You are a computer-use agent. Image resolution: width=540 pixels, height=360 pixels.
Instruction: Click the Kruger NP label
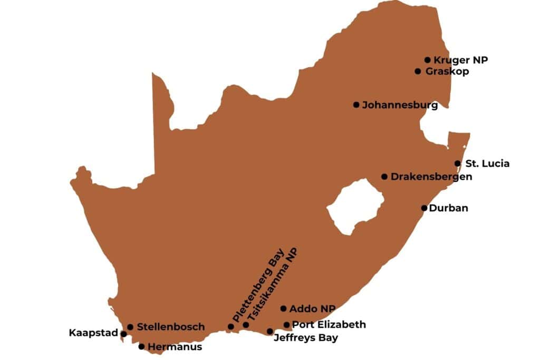[x=460, y=60]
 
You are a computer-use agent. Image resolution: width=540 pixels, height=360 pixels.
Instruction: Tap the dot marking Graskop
[x=418, y=71]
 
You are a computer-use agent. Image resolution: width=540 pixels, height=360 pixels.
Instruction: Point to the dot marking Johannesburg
[x=356, y=104]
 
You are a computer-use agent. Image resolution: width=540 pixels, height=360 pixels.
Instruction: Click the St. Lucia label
[x=487, y=164]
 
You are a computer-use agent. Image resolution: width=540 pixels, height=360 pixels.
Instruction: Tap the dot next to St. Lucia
[x=458, y=163]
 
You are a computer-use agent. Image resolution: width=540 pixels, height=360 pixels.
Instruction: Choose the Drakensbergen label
[x=431, y=177]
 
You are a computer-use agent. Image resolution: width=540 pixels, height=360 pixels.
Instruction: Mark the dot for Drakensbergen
[x=384, y=177]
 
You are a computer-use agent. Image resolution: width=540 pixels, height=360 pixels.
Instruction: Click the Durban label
[x=448, y=208]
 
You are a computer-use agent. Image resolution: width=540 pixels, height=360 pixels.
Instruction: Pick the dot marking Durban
[x=424, y=208]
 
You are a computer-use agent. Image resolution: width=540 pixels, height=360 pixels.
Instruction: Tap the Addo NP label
[x=312, y=309]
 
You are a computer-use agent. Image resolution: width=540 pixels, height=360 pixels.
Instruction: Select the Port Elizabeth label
[x=329, y=325]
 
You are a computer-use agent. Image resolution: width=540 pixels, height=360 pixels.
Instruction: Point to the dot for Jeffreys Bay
[x=270, y=331]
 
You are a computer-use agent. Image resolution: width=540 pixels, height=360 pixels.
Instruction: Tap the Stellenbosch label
[x=170, y=327]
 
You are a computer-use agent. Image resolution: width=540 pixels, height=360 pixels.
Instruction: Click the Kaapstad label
[x=93, y=333]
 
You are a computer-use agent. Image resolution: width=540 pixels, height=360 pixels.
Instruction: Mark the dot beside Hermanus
[x=141, y=346]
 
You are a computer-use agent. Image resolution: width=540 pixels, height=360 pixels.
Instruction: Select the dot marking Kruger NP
[x=428, y=60]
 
